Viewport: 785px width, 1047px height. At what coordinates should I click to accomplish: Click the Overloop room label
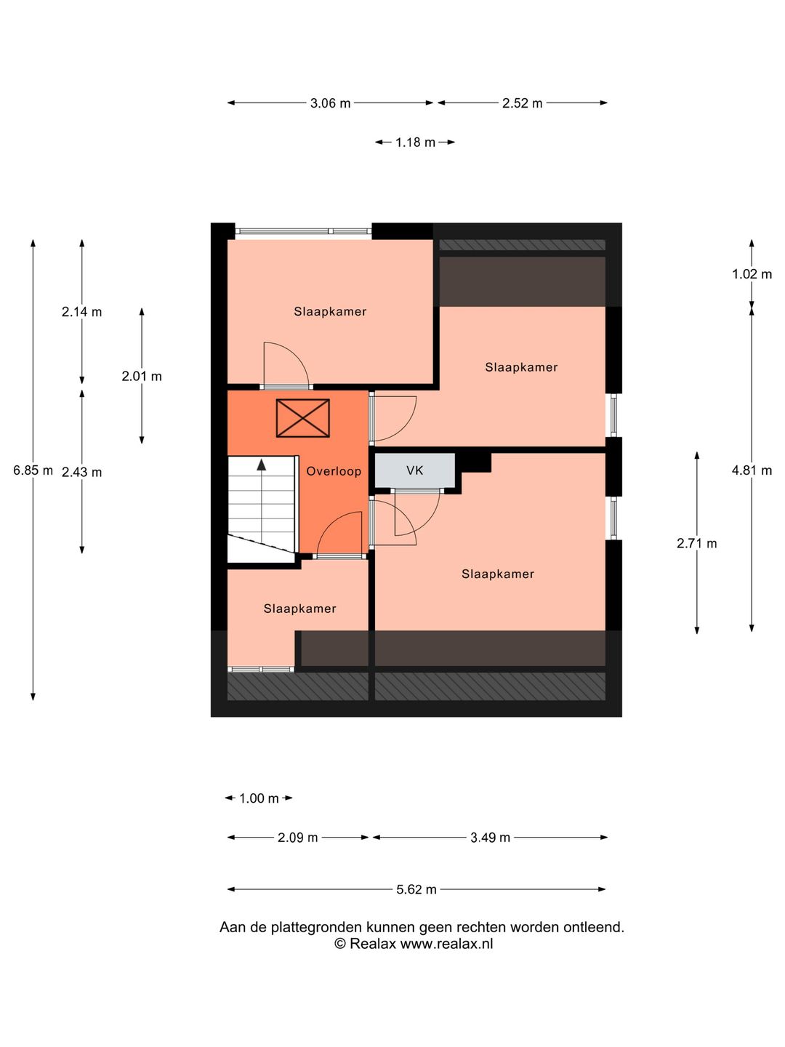click(333, 471)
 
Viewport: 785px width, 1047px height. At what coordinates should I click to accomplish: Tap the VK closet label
click(414, 471)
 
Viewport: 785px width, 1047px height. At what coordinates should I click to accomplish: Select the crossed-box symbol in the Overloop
click(302, 418)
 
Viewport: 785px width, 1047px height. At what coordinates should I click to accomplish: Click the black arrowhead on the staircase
click(261, 465)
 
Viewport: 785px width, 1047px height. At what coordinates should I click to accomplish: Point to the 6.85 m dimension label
click(33, 470)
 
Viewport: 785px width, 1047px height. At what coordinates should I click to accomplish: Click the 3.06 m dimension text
click(330, 103)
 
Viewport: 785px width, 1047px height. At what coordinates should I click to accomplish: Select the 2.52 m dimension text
click(522, 103)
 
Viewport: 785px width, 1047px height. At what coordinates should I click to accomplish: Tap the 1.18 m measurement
click(415, 142)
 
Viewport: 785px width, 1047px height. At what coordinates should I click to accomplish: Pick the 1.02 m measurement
click(752, 274)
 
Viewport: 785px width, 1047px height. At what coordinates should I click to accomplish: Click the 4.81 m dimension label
click(752, 470)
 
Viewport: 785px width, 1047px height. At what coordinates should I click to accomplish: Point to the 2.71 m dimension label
click(697, 543)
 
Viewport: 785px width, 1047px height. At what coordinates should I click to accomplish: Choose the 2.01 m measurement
click(142, 377)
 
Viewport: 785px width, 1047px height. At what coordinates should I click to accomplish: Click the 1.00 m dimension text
click(259, 798)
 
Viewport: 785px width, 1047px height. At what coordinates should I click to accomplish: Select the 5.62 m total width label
click(416, 890)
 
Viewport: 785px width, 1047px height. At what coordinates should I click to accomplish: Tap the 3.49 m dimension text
click(490, 838)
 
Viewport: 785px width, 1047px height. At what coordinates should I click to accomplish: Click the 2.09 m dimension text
click(297, 838)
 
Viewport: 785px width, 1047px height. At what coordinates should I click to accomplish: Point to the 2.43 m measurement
click(81, 472)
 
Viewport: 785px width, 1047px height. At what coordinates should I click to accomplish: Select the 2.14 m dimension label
click(81, 312)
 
